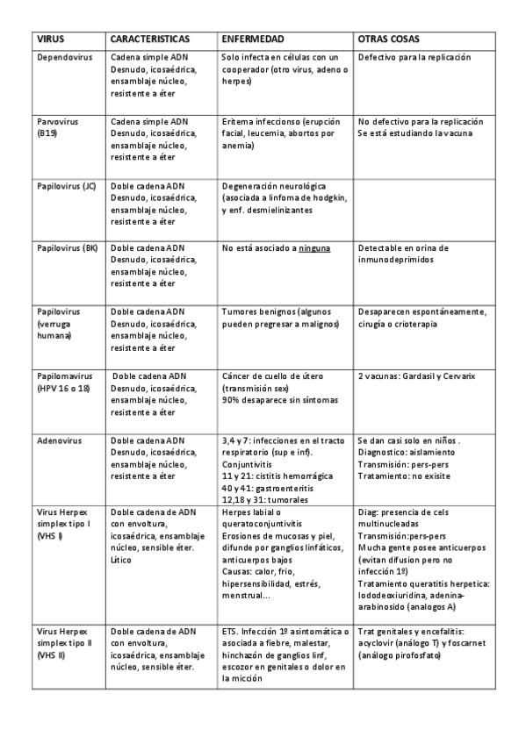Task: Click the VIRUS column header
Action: point(51,40)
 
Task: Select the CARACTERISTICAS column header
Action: point(150,40)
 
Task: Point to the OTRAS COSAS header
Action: point(388,40)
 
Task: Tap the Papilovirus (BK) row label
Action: point(67,248)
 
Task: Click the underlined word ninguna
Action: point(314,248)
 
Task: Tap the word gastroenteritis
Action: point(285,487)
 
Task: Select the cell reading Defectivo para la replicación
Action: point(414,57)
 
